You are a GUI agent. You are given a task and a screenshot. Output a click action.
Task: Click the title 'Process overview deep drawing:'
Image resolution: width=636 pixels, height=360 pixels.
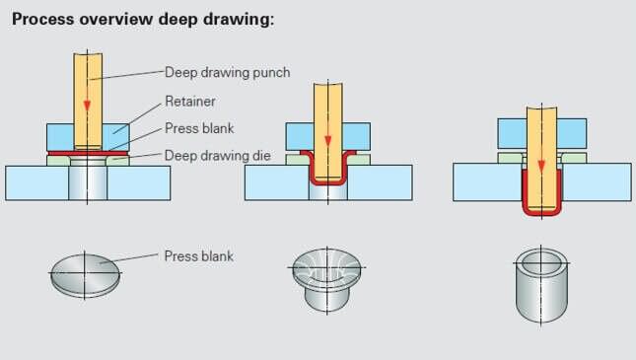[x=143, y=21]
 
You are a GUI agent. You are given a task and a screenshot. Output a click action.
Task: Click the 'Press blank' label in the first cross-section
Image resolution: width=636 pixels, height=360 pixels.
[x=199, y=127]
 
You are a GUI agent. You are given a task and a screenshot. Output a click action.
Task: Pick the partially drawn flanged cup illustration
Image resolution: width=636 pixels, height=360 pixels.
[x=328, y=276]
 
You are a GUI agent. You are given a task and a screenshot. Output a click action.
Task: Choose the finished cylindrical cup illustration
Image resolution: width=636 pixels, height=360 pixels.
[x=540, y=286]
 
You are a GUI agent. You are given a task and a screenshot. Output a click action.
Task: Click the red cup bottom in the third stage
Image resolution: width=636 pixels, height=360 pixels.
[x=540, y=213]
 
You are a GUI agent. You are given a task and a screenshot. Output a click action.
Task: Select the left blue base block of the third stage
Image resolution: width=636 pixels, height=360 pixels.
[x=486, y=181]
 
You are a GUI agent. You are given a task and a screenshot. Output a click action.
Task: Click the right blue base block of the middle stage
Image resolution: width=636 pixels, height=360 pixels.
[x=381, y=182]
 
